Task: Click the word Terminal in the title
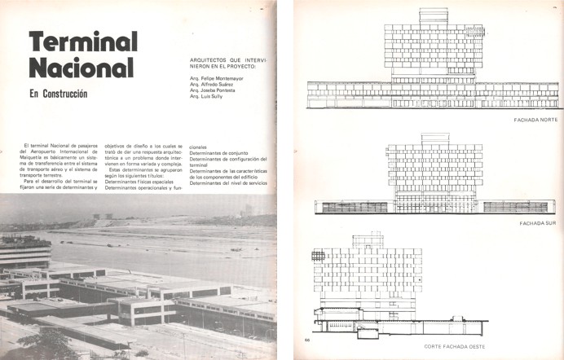tap(83, 42)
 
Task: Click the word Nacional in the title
tap(82, 68)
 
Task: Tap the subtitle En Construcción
tap(58, 94)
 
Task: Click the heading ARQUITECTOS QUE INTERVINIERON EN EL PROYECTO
tap(233, 63)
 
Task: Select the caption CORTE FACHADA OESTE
tap(456, 346)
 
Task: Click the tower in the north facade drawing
tap(432, 49)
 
